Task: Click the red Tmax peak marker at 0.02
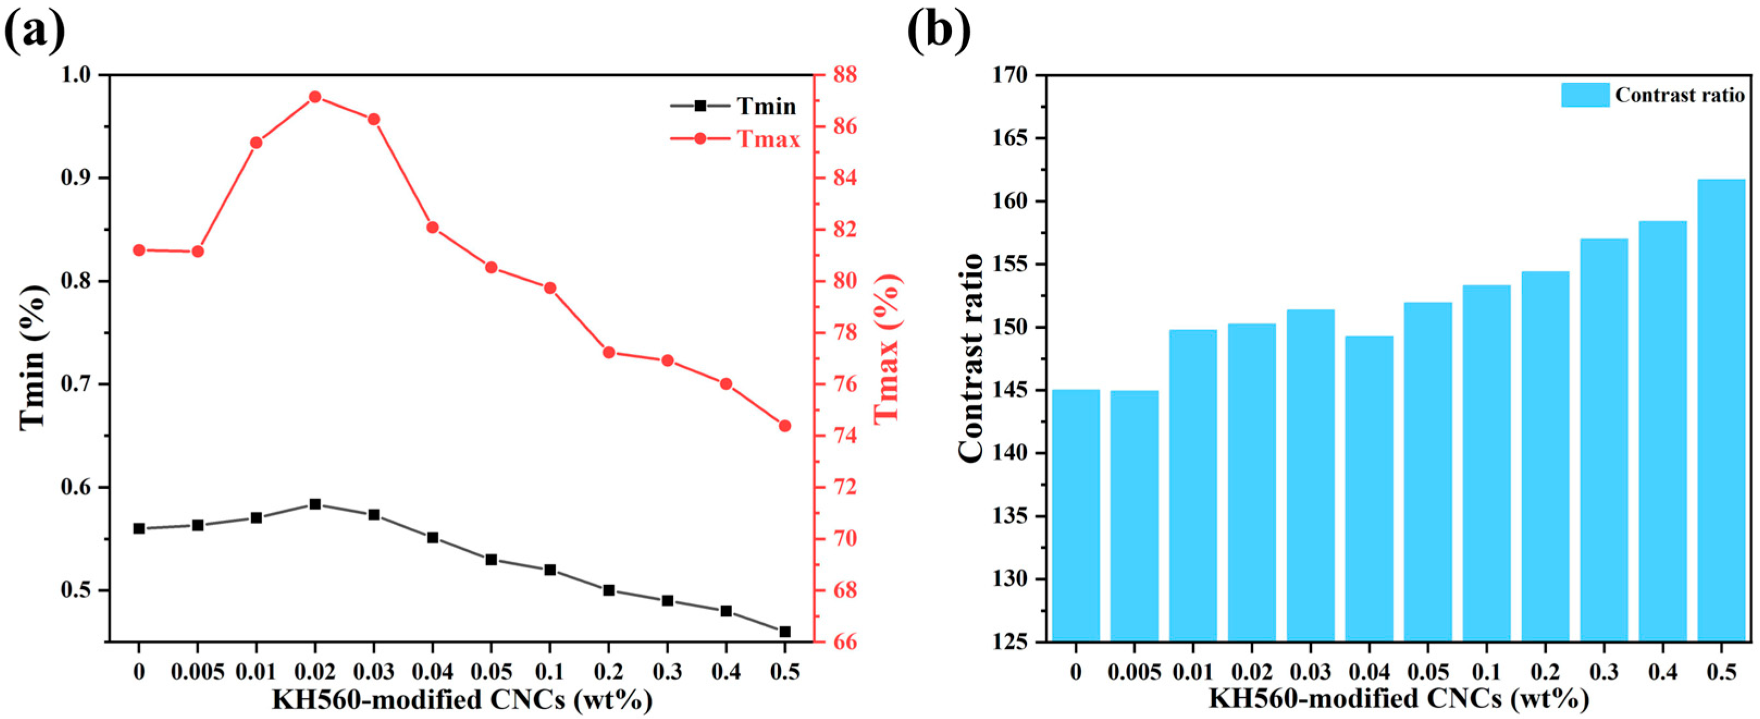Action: (315, 97)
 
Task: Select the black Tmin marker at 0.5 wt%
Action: (785, 631)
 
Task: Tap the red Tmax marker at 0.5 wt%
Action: (785, 426)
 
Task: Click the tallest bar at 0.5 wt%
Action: (1721, 410)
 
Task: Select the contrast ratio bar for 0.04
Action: (1369, 489)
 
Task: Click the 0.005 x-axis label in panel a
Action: (197, 672)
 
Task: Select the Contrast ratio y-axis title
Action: (971, 358)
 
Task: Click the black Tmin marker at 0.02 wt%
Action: (315, 505)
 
